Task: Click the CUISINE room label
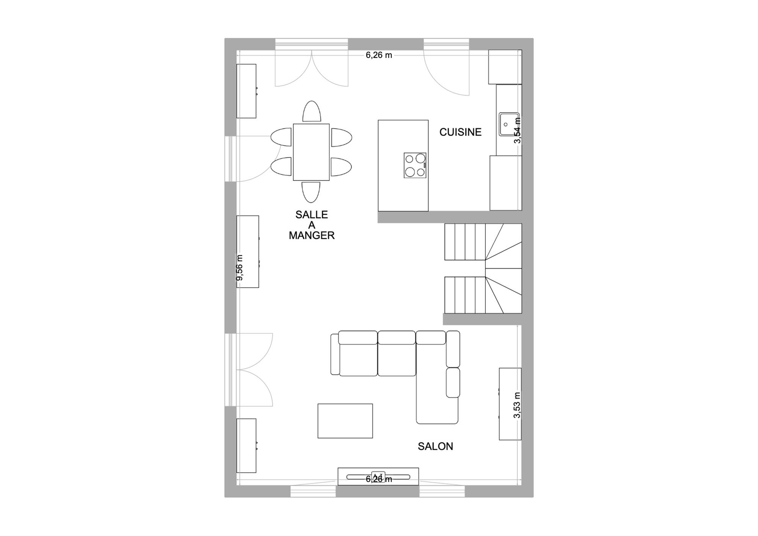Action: tap(460, 132)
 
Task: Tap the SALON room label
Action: tap(435, 446)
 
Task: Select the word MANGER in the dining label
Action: tap(312, 236)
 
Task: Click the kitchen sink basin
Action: tap(508, 124)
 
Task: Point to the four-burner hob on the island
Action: tap(415, 165)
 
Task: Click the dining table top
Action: tap(311, 152)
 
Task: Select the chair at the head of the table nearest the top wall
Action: tap(312, 111)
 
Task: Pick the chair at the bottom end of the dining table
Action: tap(311, 192)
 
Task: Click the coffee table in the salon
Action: tap(345, 421)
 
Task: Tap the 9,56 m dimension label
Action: tap(240, 268)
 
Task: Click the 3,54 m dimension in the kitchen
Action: tap(517, 130)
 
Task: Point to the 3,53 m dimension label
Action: tap(517, 405)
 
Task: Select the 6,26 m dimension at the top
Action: tap(379, 55)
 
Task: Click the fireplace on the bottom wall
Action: tap(378, 477)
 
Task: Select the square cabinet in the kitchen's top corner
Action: tap(505, 67)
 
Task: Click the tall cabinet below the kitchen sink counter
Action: tap(506, 183)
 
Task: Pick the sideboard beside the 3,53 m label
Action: tap(510, 404)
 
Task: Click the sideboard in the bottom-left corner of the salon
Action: tap(246, 445)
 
